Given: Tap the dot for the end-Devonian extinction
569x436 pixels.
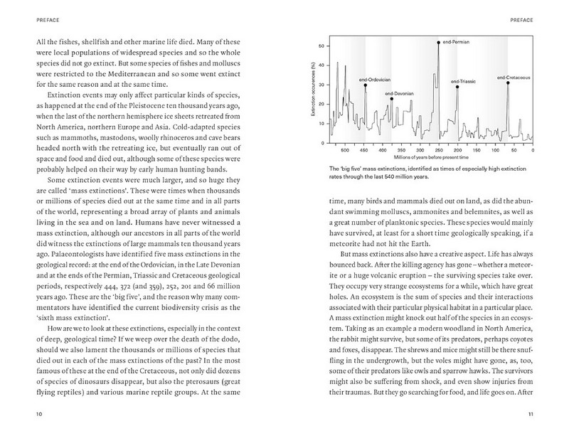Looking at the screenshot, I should [x=391, y=99].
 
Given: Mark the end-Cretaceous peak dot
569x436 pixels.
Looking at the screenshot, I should [x=508, y=83].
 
